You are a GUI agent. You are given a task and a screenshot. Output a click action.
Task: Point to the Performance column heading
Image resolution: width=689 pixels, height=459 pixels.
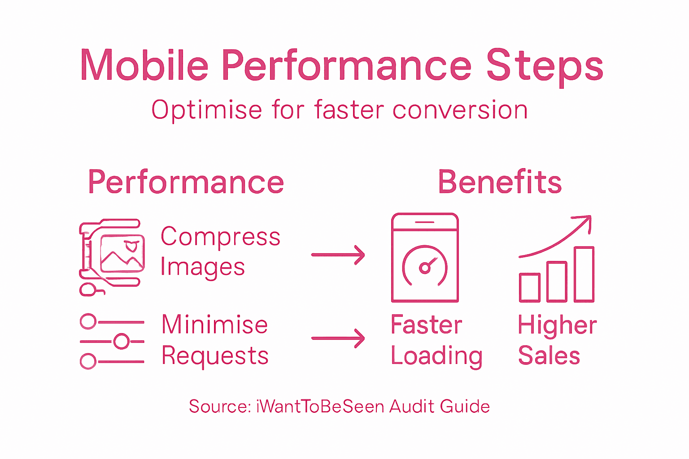click(x=186, y=182)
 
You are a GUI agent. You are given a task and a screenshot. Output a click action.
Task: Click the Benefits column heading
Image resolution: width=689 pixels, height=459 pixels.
click(x=500, y=182)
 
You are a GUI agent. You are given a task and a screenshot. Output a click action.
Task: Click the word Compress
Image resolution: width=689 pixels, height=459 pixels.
click(x=220, y=237)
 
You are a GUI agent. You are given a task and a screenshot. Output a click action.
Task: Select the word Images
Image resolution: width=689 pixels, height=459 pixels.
click(x=202, y=267)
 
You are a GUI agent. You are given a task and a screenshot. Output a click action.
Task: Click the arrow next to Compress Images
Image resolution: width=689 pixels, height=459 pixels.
click(x=338, y=255)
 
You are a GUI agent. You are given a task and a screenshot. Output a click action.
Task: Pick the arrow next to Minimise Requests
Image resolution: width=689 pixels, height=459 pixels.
click(x=338, y=338)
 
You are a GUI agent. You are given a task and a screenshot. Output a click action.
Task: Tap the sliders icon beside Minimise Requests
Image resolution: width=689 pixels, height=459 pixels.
click(x=112, y=341)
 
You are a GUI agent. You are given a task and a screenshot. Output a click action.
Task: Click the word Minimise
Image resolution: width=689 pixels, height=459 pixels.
click(x=214, y=325)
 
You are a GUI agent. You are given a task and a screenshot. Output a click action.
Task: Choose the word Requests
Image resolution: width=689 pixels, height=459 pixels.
click(x=215, y=356)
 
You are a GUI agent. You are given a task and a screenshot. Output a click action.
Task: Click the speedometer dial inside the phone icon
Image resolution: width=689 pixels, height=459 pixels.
click(x=425, y=266)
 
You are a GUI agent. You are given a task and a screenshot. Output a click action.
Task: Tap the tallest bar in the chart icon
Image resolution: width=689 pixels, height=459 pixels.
click(x=584, y=274)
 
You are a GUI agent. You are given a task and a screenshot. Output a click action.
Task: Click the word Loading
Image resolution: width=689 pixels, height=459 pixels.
click(x=436, y=356)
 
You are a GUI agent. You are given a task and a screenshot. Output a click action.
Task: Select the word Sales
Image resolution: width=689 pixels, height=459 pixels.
click(x=549, y=356)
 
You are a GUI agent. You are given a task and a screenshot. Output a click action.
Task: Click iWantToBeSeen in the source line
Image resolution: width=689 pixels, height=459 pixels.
click(x=320, y=407)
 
